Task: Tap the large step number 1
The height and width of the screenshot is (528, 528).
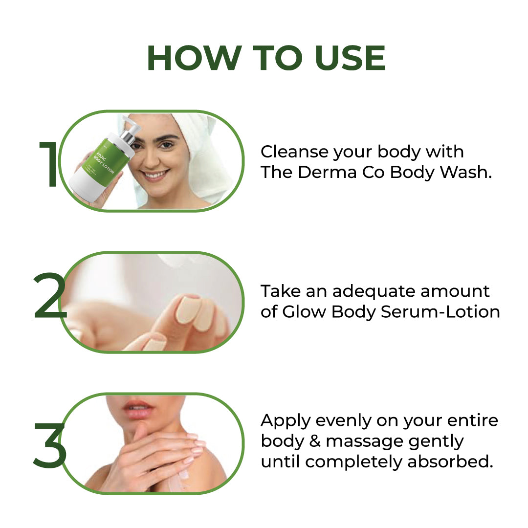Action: (49, 165)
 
